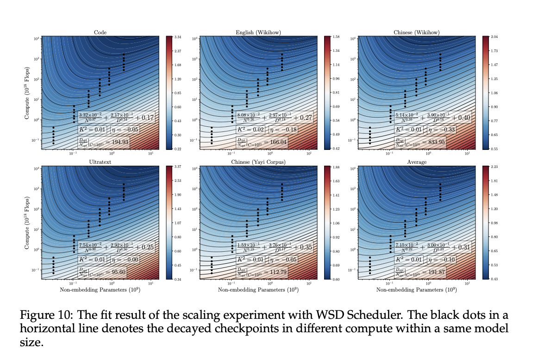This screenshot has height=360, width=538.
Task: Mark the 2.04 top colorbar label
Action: (x=494, y=37)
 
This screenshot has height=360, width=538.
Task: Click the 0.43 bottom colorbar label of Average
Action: (x=494, y=279)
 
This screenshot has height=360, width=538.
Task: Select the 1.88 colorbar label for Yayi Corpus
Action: (x=336, y=167)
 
